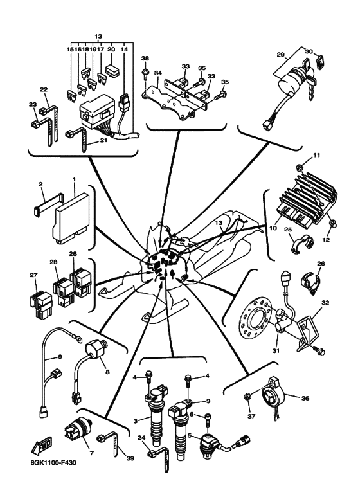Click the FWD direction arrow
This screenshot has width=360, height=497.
[x=42, y=446]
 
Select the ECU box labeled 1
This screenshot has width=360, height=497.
[x=73, y=219]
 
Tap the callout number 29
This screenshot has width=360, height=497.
[x=280, y=54]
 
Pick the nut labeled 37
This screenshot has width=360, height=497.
[x=248, y=397]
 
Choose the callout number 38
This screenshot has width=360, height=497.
[x=145, y=59]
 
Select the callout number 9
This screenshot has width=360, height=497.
[x=60, y=357]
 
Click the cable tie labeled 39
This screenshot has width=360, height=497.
[x=109, y=444]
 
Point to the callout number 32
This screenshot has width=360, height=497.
[x=325, y=303]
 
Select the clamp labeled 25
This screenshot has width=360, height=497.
[x=302, y=244]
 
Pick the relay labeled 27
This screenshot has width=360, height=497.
[x=40, y=303]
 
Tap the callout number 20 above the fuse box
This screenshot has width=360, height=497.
[x=111, y=50]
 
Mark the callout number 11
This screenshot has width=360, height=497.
[x=316, y=156]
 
